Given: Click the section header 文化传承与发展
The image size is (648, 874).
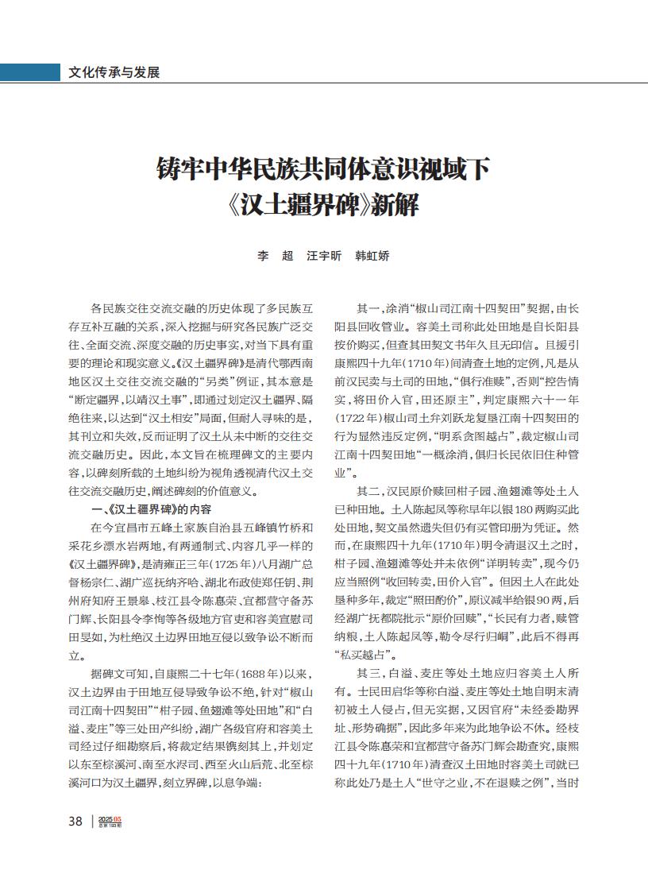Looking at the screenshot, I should [x=114, y=72].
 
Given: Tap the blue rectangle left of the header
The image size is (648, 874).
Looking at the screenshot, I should [x=30, y=72].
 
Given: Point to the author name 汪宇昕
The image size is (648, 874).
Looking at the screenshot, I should [x=324, y=256].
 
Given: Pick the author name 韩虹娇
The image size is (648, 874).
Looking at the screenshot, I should [x=372, y=256].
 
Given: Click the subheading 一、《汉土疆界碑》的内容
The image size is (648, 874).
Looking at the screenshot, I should [x=152, y=509].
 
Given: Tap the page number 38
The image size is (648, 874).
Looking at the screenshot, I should [x=75, y=821].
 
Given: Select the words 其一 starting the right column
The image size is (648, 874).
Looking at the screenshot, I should [x=369, y=308].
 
